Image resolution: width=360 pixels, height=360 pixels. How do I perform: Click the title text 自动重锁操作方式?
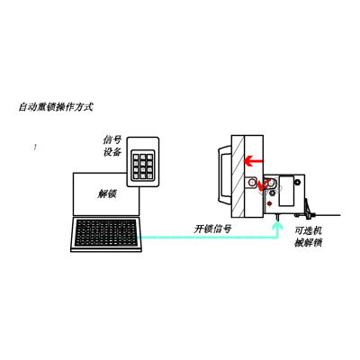(x=56, y=107)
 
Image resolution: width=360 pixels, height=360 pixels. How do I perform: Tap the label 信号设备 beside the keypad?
(x=112, y=146)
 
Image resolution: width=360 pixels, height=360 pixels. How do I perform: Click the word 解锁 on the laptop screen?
(x=107, y=194)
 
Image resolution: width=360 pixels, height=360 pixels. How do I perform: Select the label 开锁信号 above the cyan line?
(x=212, y=229)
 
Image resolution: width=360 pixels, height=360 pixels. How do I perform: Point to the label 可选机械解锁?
(x=309, y=237)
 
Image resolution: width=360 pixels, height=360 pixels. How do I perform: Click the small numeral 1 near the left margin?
(x=35, y=148)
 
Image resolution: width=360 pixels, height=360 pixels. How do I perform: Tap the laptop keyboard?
(x=106, y=233)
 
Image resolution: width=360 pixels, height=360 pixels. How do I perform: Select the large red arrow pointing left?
(x=253, y=161)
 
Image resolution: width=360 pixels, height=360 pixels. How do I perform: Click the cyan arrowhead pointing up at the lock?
(x=278, y=226)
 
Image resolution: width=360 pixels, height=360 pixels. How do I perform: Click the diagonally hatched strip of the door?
(x=238, y=176)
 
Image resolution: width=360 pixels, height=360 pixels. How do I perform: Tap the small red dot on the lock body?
(x=270, y=204)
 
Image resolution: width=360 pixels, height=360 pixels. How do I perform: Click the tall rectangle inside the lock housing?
(x=286, y=191)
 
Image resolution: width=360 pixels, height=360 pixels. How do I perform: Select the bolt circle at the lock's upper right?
(x=298, y=182)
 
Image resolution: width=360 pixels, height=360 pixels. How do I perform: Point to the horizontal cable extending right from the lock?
(x=327, y=215)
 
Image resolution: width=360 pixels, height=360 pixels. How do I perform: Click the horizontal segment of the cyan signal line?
(x=208, y=238)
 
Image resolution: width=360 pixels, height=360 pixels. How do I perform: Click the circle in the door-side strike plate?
(x=251, y=182)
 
